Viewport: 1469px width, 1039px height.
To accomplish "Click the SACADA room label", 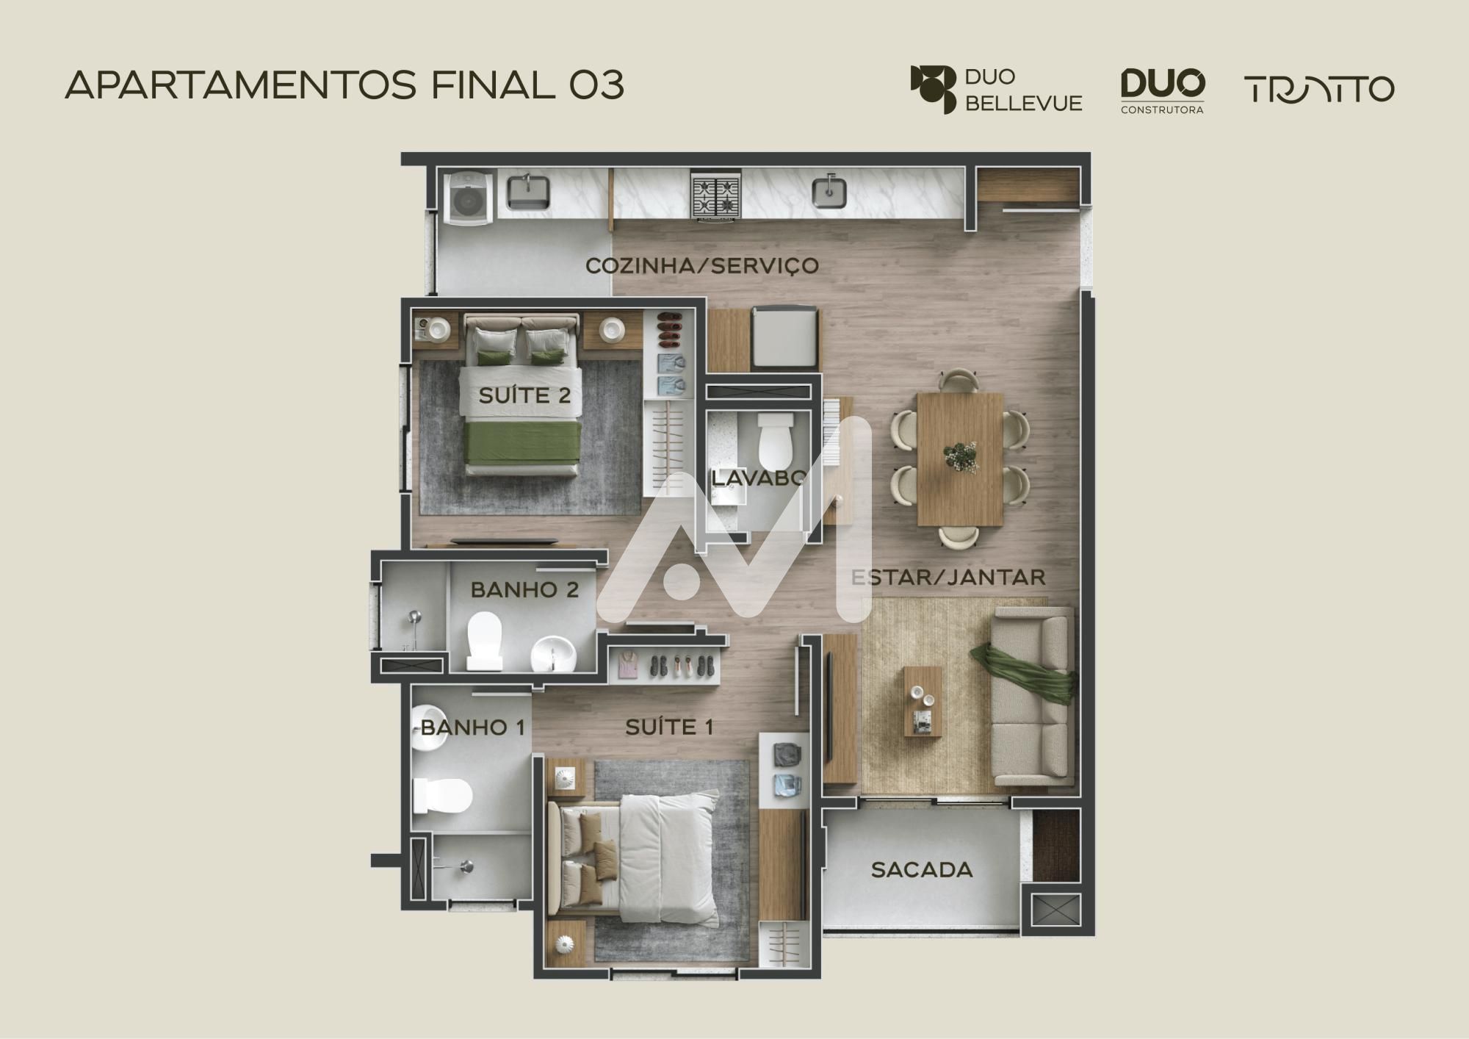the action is click(x=922, y=870).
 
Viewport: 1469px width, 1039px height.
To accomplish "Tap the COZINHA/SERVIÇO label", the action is click(x=702, y=265).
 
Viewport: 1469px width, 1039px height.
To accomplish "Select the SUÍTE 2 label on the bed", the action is click(x=524, y=396).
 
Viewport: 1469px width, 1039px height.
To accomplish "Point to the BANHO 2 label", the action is click(x=524, y=590).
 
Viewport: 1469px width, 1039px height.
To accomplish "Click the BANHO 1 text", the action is click(x=473, y=728).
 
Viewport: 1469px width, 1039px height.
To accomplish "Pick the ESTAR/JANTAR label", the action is click(x=948, y=578).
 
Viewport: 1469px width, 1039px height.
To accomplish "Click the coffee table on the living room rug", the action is click(x=923, y=702).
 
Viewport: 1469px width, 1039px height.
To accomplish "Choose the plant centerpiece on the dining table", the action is click(x=961, y=456).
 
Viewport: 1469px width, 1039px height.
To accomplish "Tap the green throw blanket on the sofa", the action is click(x=1025, y=672).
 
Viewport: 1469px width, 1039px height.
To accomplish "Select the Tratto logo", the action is click(x=1319, y=89).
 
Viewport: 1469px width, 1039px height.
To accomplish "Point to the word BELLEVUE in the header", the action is click(x=1023, y=104).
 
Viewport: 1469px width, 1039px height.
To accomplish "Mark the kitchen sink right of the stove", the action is click(x=830, y=192).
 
